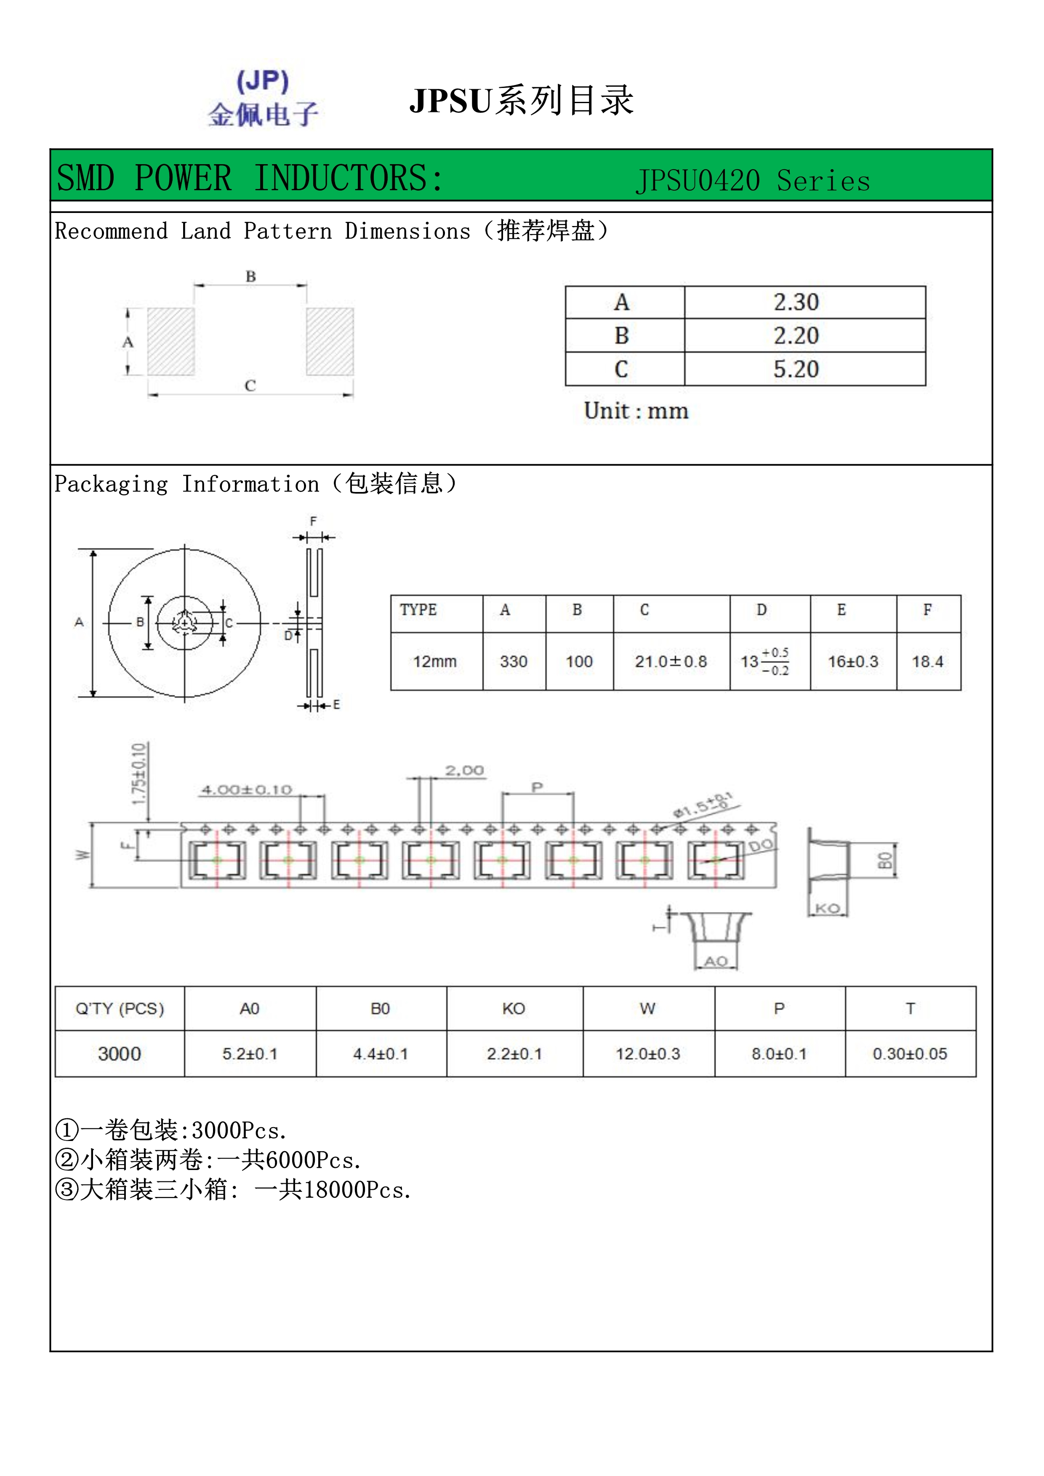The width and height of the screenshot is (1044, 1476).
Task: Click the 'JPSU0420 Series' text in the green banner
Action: point(752,181)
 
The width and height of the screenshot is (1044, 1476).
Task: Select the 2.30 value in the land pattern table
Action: point(796,302)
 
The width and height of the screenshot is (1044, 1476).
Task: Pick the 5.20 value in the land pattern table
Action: point(796,369)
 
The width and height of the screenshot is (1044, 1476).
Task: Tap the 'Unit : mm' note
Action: point(636,411)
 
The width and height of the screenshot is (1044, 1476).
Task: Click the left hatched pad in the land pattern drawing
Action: point(171,341)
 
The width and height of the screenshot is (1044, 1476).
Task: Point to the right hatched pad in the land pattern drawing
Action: point(330,341)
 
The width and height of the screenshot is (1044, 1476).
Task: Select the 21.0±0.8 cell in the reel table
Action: point(671,662)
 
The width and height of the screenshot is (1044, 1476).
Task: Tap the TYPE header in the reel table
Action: point(418,609)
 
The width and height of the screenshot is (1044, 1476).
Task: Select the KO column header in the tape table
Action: point(514,1009)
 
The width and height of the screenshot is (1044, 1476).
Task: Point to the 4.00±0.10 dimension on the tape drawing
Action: point(247,790)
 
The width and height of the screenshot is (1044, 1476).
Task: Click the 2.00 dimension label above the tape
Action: point(464,770)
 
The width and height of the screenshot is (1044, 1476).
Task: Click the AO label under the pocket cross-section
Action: point(716,961)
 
